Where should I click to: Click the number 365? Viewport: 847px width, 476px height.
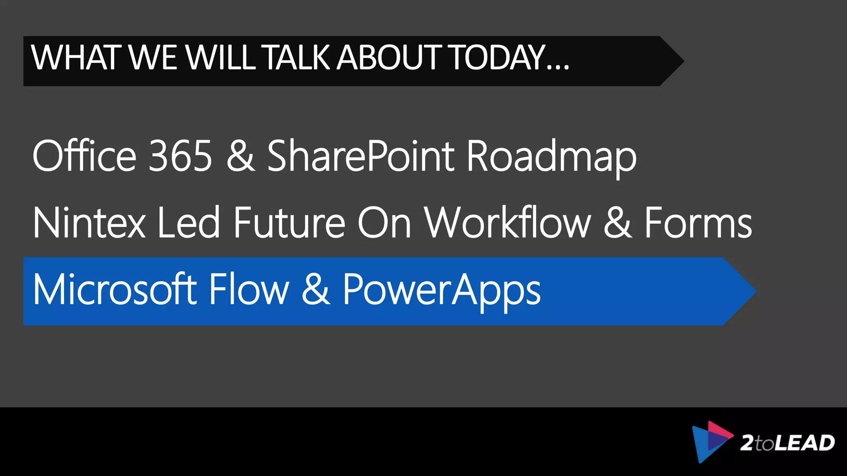180,156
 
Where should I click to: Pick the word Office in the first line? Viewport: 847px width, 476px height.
84,156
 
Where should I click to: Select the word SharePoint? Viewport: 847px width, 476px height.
361,156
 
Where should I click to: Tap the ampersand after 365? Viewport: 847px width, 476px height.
241,156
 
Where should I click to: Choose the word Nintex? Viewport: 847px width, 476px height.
89,223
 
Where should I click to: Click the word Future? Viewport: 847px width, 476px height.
289,223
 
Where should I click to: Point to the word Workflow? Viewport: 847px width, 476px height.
508,223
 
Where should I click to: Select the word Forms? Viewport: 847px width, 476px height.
698,223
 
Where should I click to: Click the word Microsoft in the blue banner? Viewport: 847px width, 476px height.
115,290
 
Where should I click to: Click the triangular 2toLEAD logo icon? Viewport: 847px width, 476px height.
710,441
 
